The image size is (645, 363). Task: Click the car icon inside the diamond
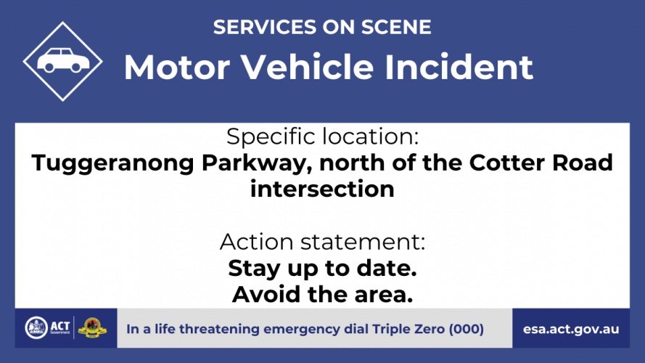point(63,60)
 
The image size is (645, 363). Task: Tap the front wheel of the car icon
point(76,67)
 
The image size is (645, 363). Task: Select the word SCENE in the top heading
point(396,27)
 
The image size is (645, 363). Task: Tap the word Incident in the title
point(459,67)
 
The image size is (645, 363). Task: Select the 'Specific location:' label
point(322,136)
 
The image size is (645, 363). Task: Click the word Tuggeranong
point(112,163)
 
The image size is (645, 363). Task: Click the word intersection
point(322,189)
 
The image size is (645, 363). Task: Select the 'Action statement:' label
point(322,242)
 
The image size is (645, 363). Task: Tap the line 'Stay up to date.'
point(322,269)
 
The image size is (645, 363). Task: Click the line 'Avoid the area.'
point(322,294)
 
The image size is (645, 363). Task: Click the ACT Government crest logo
point(36,328)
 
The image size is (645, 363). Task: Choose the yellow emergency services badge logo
point(92,328)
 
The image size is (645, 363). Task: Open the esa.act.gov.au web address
point(571,330)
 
